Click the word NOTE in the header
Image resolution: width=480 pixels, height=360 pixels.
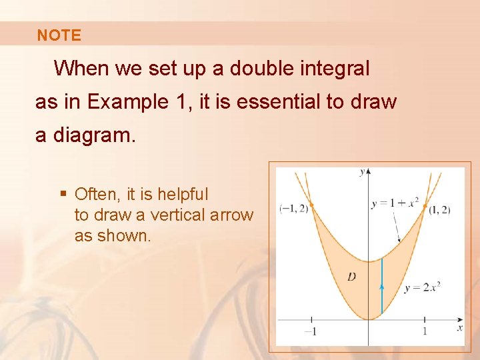pyautogui.click(x=59, y=35)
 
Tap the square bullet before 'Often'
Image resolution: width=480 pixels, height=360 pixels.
pyautogui.click(x=63, y=195)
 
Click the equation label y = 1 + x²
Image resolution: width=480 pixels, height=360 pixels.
pyautogui.click(x=395, y=202)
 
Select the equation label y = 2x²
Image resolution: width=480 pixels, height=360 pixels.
pyautogui.click(x=423, y=287)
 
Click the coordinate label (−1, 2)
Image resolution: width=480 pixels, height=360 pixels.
pyautogui.click(x=294, y=208)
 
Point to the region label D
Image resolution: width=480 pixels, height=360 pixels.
pyautogui.click(x=351, y=276)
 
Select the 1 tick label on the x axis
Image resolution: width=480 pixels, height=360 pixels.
pyautogui.click(x=425, y=331)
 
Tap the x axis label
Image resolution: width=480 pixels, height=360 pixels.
pyautogui.click(x=459, y=328)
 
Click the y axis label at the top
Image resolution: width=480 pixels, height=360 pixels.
pyautogui.click(x=362, y=172)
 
